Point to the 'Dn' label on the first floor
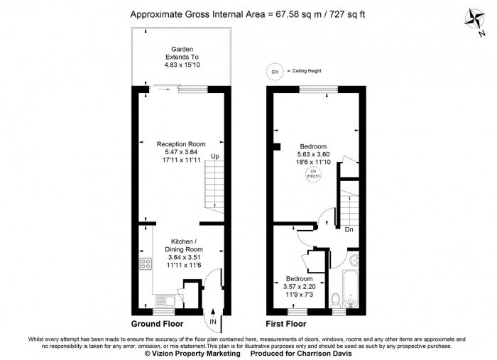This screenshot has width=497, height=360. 349,229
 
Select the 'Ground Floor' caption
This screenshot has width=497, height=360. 157,324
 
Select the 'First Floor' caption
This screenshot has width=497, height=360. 286,324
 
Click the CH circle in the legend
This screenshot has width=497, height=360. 273,70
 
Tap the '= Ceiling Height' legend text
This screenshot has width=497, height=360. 305,70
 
